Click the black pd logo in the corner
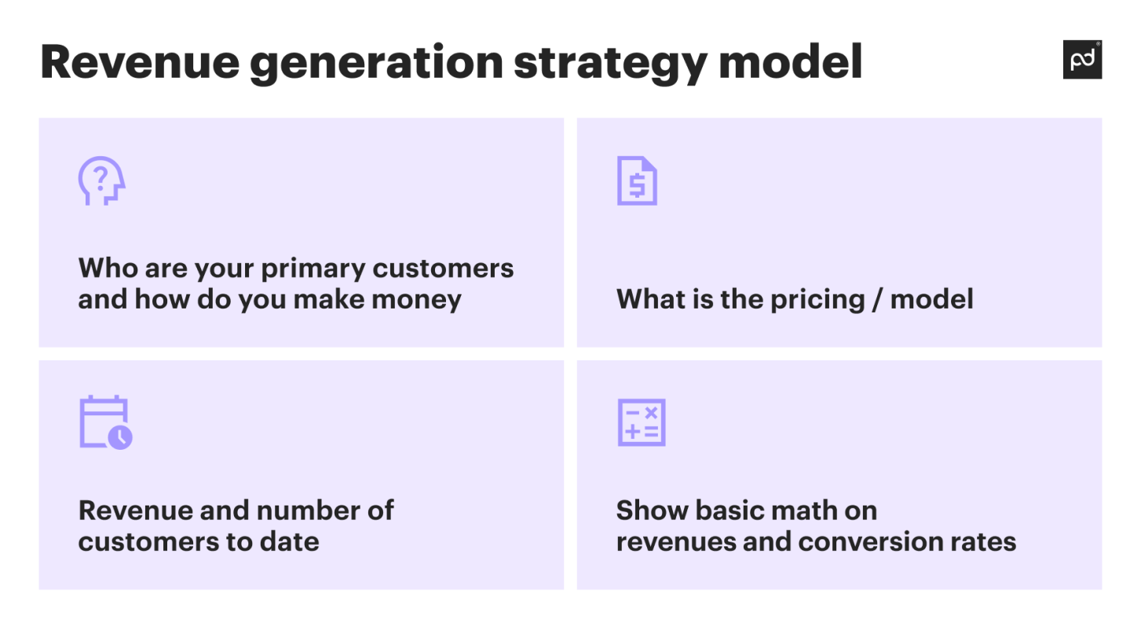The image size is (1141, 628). pyautogui.click(x=1082, y=60)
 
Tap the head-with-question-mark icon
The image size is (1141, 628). pyautogui.click(x=101, y=181)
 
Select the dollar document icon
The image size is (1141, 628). pyautogui.click(x=637, y=181)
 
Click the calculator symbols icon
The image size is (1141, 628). pyautogui.click(x=641, y=422)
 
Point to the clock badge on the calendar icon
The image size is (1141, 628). pyautogui.click(x=120, y=437)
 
